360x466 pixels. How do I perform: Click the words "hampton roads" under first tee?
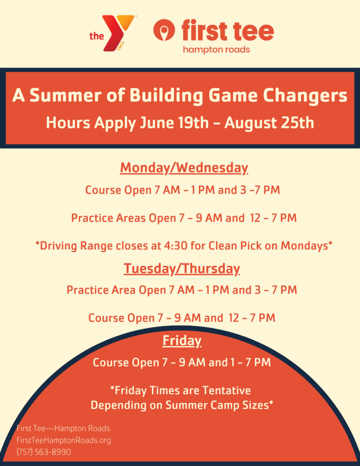pos(217,50)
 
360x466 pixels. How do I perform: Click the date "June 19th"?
pos(174,123)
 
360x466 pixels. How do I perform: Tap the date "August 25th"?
pos(269,123)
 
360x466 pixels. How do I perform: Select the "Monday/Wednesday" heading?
pos(184,168)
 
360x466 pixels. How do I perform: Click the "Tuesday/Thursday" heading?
pos(182,268)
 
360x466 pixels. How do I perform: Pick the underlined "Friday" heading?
pos(182,340)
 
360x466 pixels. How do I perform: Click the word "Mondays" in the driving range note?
pos(304,246)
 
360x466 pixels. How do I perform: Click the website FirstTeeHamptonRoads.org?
pos(64,440)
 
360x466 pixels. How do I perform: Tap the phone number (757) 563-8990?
pos(44,452)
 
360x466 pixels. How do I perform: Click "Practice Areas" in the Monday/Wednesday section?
pos(108,218)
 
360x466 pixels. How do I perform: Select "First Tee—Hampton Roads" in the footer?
pos(63,429)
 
